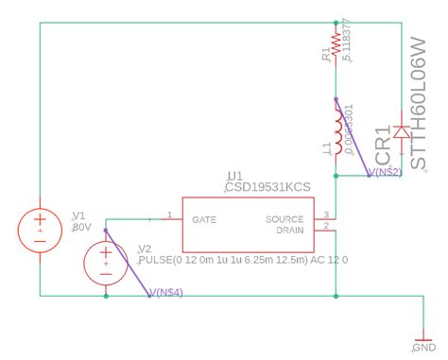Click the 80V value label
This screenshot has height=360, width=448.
(x=80, y=228)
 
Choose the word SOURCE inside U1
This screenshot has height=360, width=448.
(x=284, y=218)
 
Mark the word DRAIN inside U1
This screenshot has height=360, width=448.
(x=289, y=230)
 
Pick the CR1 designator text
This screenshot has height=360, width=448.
(x=383, y=146)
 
